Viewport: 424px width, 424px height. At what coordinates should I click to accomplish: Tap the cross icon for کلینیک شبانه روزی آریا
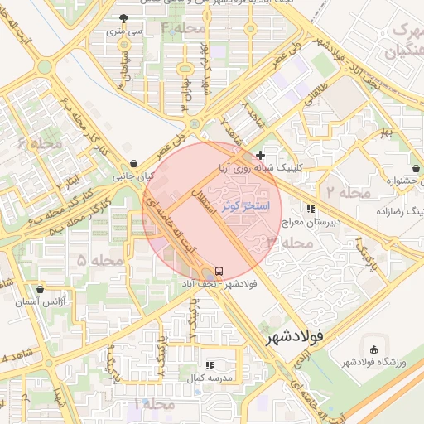[x=261, y=155]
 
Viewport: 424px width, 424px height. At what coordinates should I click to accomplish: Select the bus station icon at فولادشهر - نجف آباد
[x=219, y=271]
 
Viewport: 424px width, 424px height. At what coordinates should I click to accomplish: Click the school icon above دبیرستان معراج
[x=311, y=210]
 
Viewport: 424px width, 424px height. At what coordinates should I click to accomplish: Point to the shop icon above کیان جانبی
[x=134, y=163]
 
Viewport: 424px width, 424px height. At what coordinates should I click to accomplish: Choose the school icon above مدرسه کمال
[x=210, y=364]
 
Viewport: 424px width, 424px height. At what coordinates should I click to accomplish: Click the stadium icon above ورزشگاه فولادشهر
[x=374, y=349]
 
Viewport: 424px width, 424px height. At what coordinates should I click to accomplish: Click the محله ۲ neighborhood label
[x=347, y=192]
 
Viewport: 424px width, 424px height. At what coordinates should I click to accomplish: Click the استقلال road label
[x=203, y=203]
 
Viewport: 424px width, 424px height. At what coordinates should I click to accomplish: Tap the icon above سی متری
[x=124, y=18]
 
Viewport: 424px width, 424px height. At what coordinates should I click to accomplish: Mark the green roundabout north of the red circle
[x=193, y=125]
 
